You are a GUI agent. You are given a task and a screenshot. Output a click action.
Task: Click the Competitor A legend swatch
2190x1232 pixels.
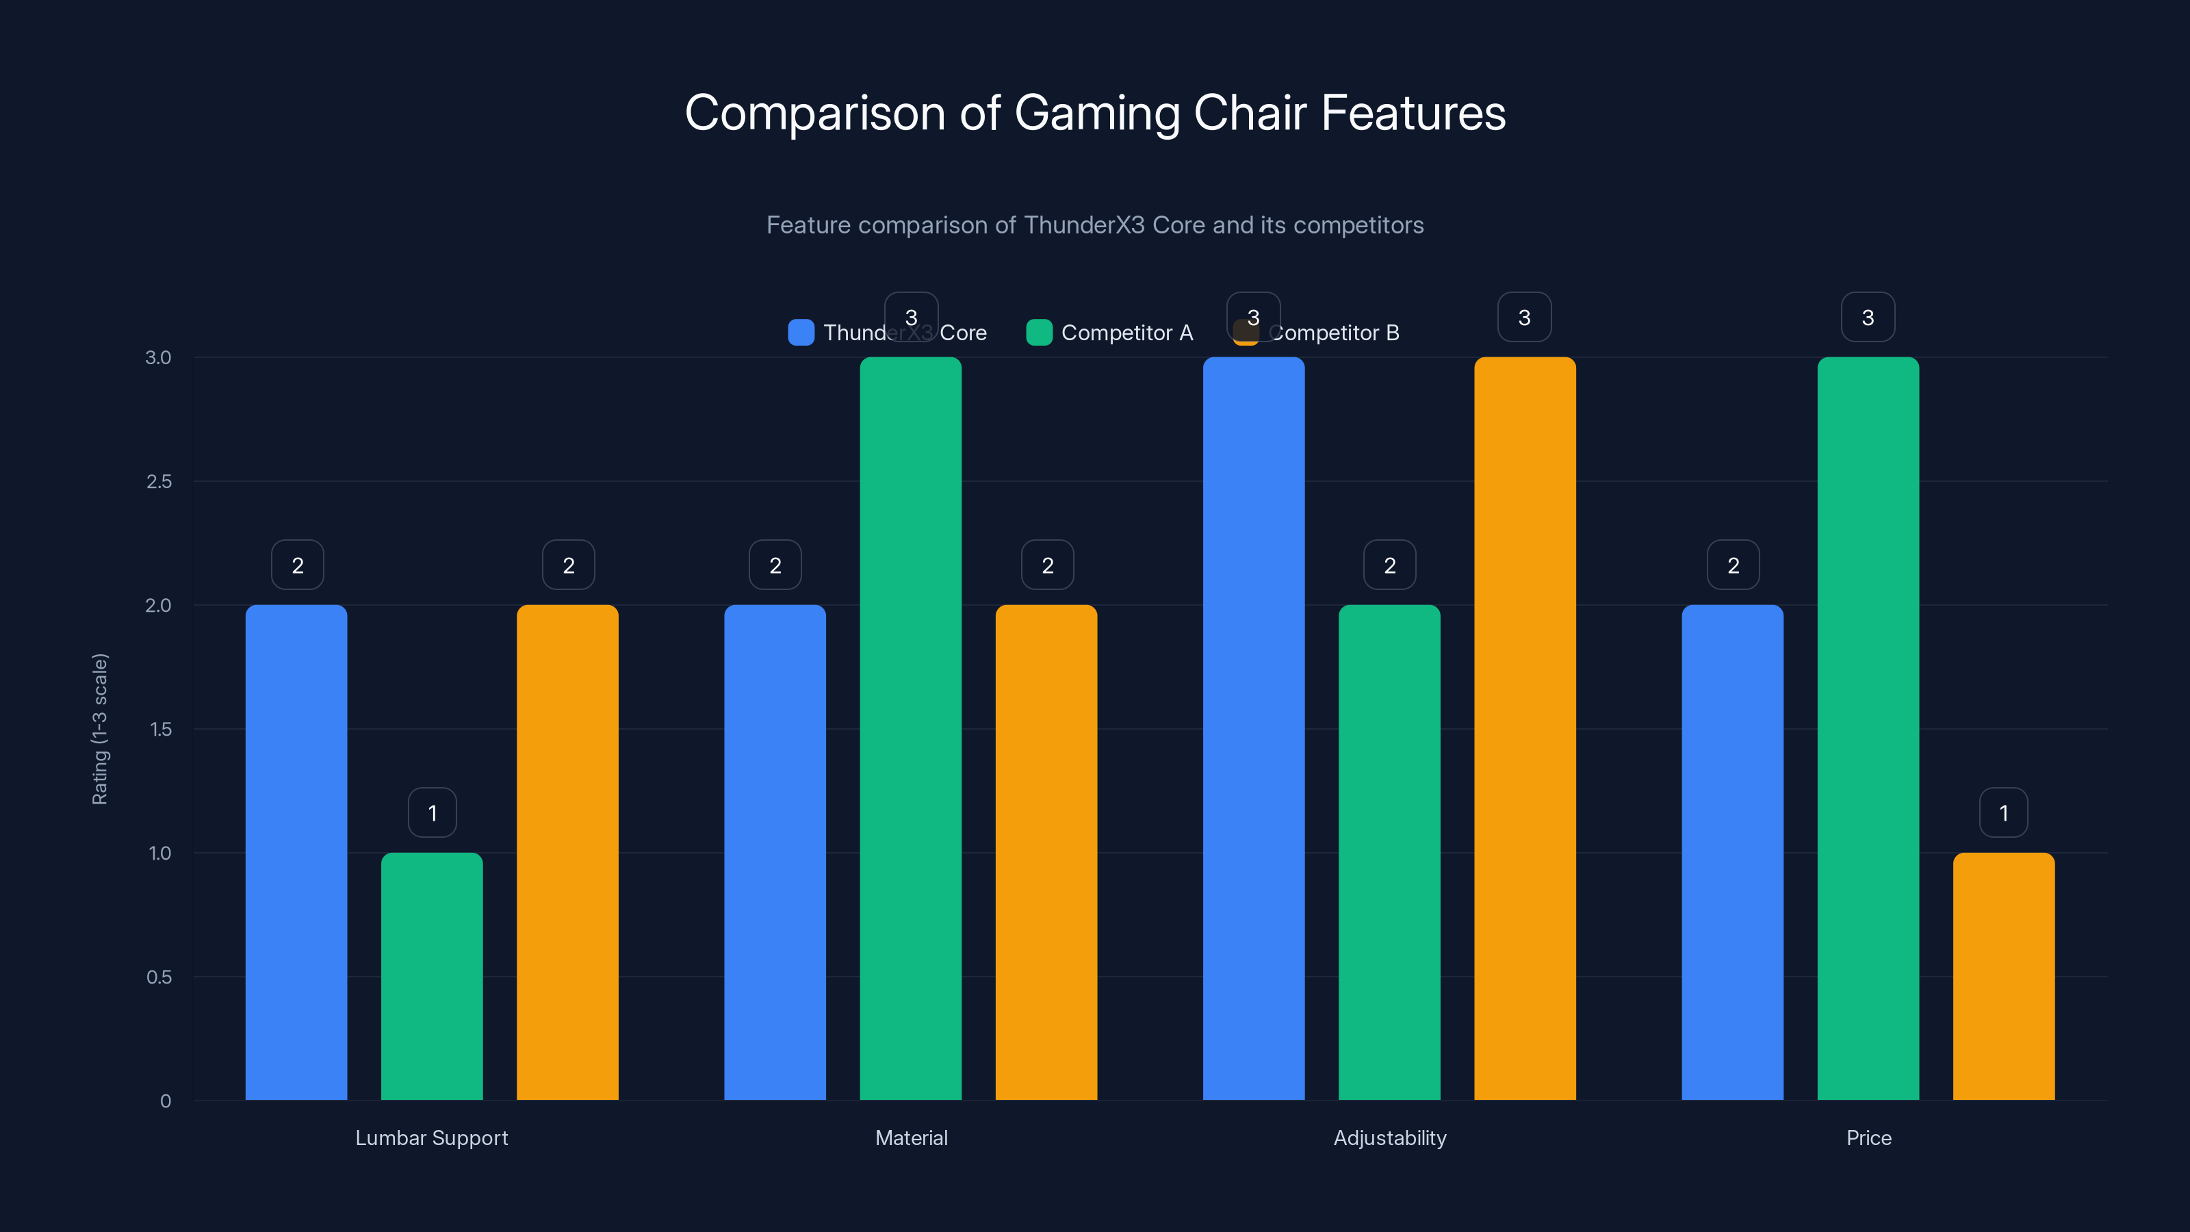tap(1039, 333)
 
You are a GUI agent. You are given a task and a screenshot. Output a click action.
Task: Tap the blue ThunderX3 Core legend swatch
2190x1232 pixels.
tap(801, 333)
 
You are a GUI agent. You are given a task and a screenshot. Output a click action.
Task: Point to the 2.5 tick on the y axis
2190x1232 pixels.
tap(159, 482)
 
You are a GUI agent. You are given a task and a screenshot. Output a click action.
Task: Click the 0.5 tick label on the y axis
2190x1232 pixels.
tap(159, 977)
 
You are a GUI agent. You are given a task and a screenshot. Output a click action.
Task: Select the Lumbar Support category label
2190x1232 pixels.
tap(432, 1138)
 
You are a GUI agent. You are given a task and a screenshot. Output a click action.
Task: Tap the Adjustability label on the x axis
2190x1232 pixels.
tap(1389, 1138)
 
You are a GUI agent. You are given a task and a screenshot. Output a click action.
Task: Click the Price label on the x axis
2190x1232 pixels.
tap(1868, 1138)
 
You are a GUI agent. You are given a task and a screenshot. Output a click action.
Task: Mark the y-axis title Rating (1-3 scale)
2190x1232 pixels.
tap(101, 729)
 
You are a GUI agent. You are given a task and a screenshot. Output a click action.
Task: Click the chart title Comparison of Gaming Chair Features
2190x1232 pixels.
tap(1095, 113)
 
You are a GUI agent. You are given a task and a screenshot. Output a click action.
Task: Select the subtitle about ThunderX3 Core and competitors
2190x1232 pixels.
tap(1095, 225)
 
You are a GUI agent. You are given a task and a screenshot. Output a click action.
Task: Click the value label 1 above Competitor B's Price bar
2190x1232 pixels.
tap(2003, 813)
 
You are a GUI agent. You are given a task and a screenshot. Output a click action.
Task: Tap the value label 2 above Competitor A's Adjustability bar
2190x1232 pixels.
tap(1389, 565)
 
